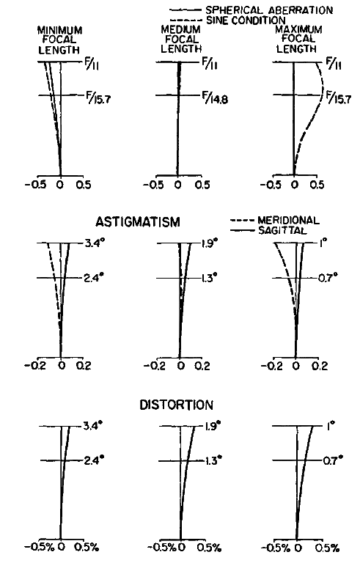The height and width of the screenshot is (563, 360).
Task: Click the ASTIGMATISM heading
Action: pyautogui.click(x=138, y=222)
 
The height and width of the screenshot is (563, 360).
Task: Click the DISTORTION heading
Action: pyautogui.click(x=176, y=405)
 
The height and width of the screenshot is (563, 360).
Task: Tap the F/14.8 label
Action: pyautogui.click(x=215, y=97)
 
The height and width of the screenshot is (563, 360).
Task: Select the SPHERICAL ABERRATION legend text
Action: pyautogui.click(x=269, y=10)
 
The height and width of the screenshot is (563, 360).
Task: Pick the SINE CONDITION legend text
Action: pyautogui.click(x=246, y=21)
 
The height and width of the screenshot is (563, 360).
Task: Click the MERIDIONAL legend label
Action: pyautogui.click(x=288, y=220)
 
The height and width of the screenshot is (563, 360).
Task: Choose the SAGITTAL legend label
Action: pyautogui.click(x=282, y=230)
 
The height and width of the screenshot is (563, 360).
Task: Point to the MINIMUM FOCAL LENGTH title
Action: pyautogui.click(x=59, y=40)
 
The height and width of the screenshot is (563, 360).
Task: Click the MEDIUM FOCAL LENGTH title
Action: pyautogui.click(x=180, y=39)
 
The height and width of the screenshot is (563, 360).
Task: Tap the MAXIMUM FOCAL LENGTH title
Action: pyautogui.click(x=298, y=39)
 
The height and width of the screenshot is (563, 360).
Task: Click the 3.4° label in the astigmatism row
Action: pyautogui.click(x=95, y=244)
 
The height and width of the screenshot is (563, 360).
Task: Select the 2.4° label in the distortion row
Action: pyautogui.click(x=94, y=460)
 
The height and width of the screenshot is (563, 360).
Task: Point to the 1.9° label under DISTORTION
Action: pyautogui.click(x=213, y=426)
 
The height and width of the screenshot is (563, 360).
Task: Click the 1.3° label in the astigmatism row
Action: pyautogui.click(x=210, y=278)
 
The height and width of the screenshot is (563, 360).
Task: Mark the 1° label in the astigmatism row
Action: pyautogui.click(x=322, y=243)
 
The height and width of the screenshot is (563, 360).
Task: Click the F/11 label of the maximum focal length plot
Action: pyautogui.click(x=334, y=64)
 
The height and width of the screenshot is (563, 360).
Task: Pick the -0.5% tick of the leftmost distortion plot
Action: pyautogui.click(x=39, y=547)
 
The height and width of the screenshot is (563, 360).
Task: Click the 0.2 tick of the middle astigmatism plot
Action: pyautogui.click(x=202, y=366)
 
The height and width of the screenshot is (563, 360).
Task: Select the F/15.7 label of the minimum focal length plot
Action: pyautogui.click(x=98, y=97)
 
